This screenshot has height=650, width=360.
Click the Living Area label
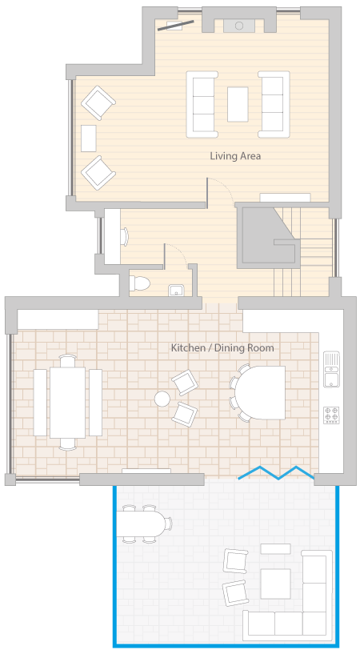coord(235,156)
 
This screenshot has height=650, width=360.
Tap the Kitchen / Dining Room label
coord(222,347)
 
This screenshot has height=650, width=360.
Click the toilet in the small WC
coord(140,283)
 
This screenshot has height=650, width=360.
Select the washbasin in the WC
coord(176,290)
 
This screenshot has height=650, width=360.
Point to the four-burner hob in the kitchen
coord(331,415)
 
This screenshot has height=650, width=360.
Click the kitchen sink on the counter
coord(331,369)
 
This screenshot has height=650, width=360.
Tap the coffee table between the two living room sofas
coord(238,104)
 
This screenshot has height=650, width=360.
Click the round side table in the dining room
coord(162,399)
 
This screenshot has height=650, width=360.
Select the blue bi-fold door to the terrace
coord(278,473)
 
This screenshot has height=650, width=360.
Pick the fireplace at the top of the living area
coord(239,26)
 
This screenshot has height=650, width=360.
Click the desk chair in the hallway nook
coord(125,237)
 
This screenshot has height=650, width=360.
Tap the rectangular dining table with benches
coord(67,403)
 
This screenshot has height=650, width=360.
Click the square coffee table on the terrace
coord(275,584)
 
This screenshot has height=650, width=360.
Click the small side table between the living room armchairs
coord(89,138)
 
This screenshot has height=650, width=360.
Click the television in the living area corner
coord(176,26)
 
